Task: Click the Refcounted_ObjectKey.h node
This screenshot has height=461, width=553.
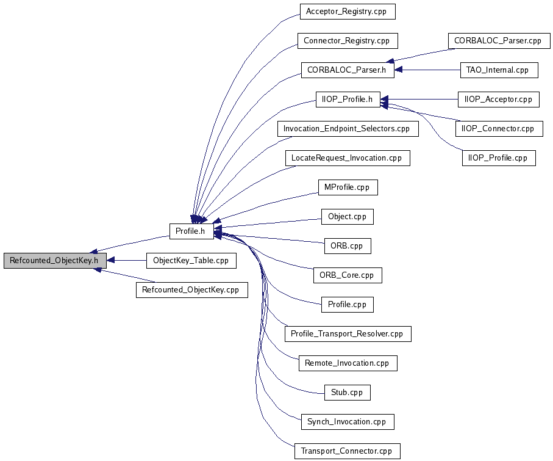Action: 55,261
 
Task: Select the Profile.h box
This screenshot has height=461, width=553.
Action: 191,231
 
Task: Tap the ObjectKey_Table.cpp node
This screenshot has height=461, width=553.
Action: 191,261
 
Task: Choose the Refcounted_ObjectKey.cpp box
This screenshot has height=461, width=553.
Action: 192,290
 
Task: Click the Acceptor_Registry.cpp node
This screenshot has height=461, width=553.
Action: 348,12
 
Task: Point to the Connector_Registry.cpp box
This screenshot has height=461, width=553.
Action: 348,41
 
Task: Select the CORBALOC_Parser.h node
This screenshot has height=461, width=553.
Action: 348,70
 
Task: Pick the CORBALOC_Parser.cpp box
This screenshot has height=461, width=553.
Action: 499,41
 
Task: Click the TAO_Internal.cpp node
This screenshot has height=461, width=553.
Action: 499,70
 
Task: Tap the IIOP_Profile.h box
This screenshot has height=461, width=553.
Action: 348,100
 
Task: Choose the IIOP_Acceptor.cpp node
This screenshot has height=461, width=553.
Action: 499,100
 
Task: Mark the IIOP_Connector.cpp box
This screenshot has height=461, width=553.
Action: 499,129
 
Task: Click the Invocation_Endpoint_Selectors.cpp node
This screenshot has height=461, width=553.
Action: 348,129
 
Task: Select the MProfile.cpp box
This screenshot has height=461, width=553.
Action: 348,187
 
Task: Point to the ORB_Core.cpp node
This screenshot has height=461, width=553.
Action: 348,275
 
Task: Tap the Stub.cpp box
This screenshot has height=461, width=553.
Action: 348,393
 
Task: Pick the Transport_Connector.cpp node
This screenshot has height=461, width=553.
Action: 348,451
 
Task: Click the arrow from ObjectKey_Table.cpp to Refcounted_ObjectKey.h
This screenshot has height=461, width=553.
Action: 126,261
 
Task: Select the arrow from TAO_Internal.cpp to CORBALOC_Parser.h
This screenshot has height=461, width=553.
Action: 427,70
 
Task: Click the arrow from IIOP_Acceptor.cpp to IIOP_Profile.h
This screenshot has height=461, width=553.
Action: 419,100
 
